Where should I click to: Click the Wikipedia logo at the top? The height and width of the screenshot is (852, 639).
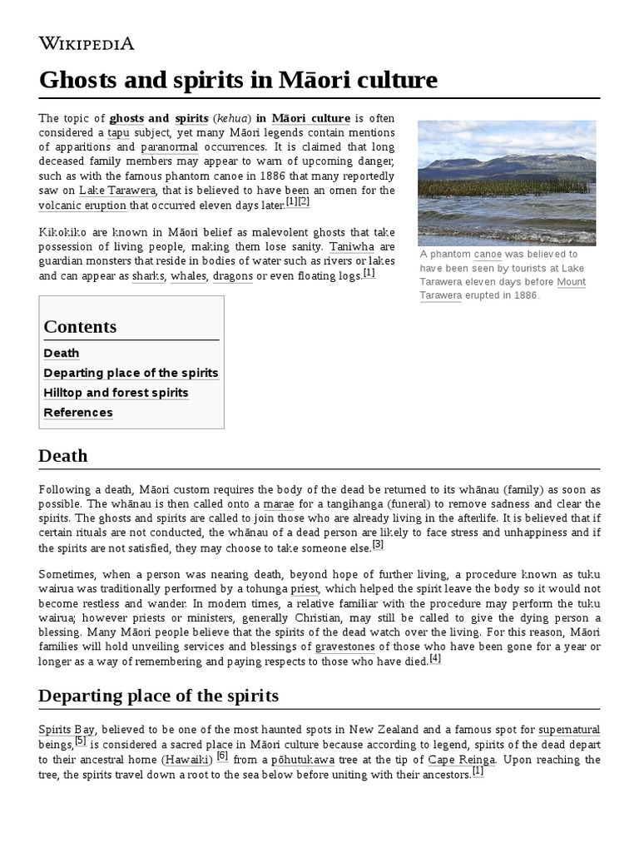coord(87,43)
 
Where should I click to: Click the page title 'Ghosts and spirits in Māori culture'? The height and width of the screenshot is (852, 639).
coord(238,81)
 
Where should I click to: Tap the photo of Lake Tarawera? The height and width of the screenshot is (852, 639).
coord(507,182)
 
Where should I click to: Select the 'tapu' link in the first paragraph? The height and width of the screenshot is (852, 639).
coord(119,133)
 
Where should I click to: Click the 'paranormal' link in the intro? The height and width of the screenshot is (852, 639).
coord(169,147)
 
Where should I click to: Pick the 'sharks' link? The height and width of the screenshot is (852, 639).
coord(148,275)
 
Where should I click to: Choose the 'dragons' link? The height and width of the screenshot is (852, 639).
coord(232,275)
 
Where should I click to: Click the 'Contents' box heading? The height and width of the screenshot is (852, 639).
coord(80,326)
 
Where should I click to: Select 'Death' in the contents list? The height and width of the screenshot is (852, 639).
coord(62,353)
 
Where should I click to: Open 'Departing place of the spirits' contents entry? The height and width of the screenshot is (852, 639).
coord(131,373)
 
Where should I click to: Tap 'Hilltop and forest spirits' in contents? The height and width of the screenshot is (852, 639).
coord(116,393)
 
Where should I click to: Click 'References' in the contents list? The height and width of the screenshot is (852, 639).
coord(78,413)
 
